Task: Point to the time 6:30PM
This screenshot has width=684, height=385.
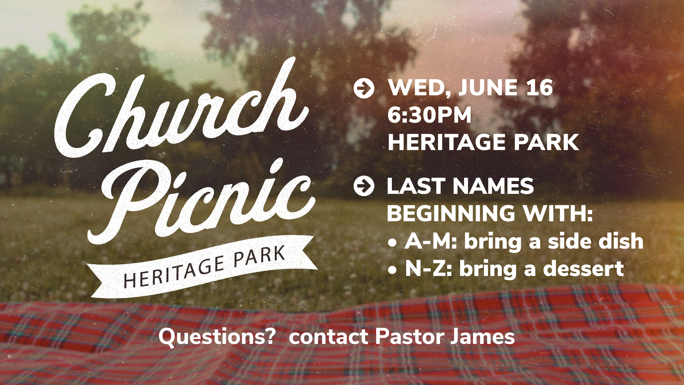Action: pos(429,115)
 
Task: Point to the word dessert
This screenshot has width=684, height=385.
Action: pos(583,269)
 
